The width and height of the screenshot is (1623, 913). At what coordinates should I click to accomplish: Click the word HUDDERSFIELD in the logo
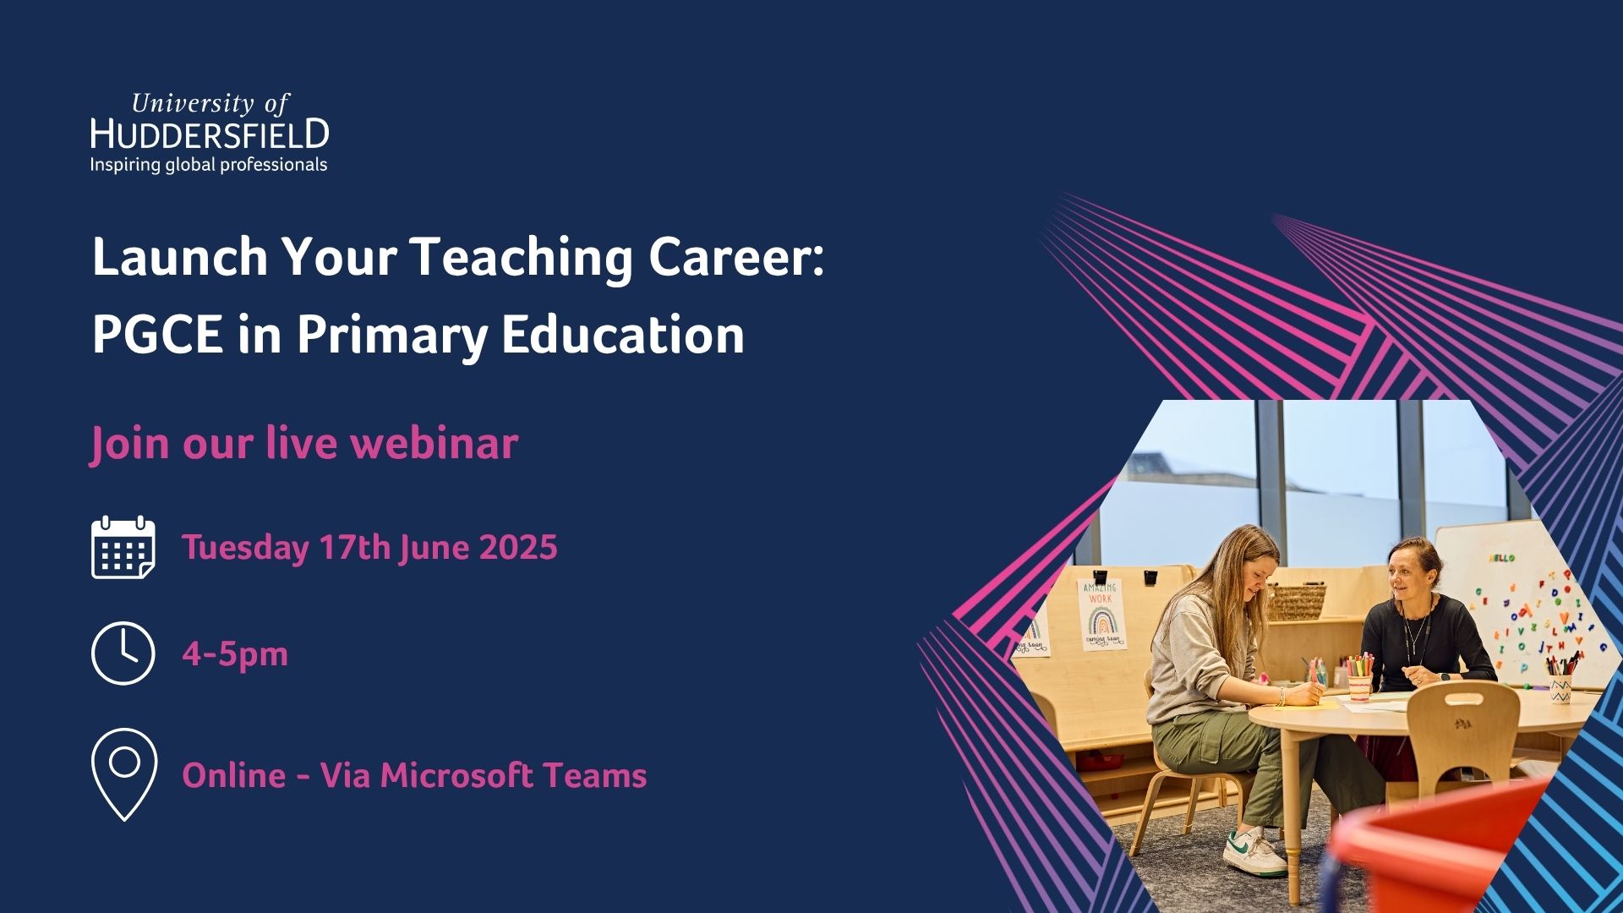point(210,134)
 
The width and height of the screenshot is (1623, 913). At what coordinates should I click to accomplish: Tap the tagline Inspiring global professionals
point(209,165)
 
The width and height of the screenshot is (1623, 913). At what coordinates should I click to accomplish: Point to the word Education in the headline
point(623,335)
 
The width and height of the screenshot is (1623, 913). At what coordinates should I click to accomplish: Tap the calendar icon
point(123,547)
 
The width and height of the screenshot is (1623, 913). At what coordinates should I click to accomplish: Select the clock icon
point(123,653)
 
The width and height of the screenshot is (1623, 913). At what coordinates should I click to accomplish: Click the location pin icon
point(124,774)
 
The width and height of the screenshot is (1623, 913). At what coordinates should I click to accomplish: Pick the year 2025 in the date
point(518,547)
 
